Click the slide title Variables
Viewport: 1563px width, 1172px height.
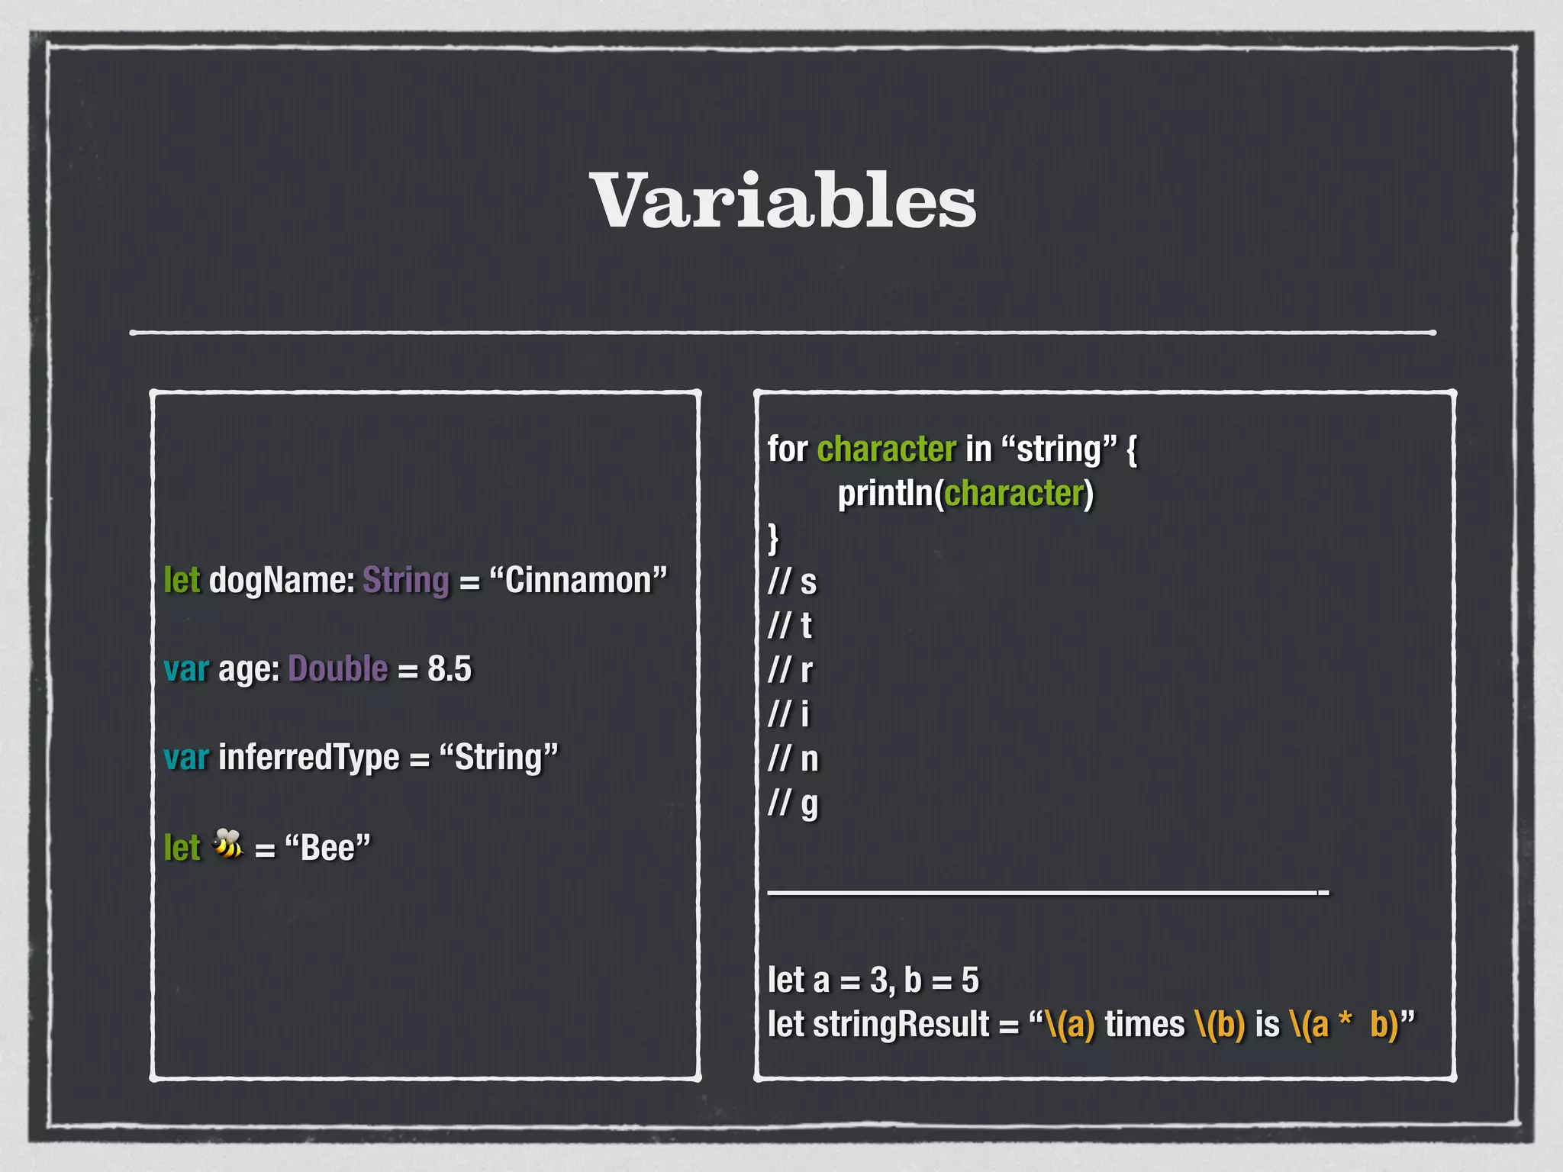pyautogui.click(x=782, y=201)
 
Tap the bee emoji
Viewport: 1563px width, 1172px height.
pyautogui.click(x=227, y=845)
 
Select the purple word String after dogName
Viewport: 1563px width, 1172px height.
pyautogui.click(x=405, y=581)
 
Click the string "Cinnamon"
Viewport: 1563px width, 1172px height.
pyautogui.click(x=578, y=581)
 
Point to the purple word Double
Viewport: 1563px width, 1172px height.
pyautogui.click(x=338, y=669)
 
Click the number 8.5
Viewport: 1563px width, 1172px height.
pyautogui.click(x=450, y=669)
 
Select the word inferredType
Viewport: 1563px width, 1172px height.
pyautogui.click(x=309, y=758)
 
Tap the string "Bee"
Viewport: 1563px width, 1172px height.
pyautogui.click(x=327, y=848)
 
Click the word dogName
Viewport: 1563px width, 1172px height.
pyautogui.click(x=282, y=581)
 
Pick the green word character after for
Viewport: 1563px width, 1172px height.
pyautogui.click(x=886, y=449)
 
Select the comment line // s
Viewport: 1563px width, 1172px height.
pyautogui.click(x=792, y=582)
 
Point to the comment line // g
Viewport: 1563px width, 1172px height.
pyautogui.click(x=793, y=803)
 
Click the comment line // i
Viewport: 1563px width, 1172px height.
pyautogui.click(x=788, y=715)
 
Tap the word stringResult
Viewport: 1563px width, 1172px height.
pyautogui.click(x=901, y=1025)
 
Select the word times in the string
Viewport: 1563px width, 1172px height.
pyautogui.click(x=1145, y=1025)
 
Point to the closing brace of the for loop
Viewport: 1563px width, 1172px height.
pyautogui.click(x=773, y=538)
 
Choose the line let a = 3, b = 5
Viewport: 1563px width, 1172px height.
pyautogui.click(x=873, y=980)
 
